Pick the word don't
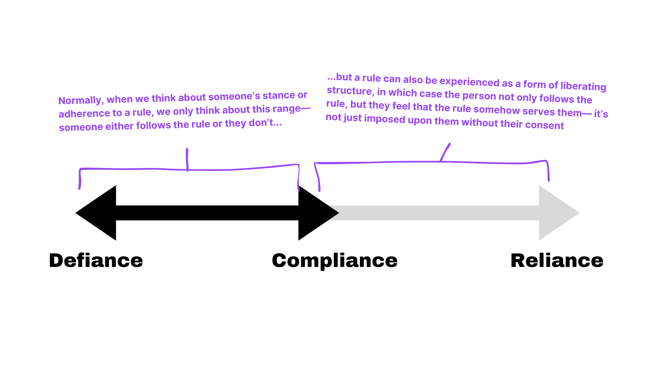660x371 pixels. point(261,123)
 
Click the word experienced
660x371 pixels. point(469,82)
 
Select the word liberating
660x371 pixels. point(583,86)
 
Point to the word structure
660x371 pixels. point(349,91)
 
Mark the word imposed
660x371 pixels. point(385,119)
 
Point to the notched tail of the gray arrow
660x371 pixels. point(335,213)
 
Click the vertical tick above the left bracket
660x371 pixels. point(187,159)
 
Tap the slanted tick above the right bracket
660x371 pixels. point(445,151)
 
